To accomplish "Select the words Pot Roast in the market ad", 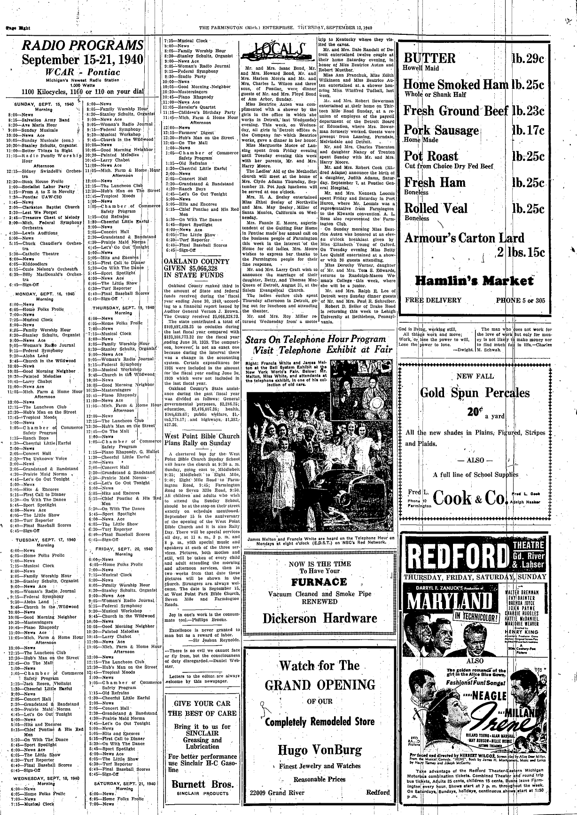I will coord(431,156).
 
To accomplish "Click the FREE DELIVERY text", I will coord(426,300).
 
